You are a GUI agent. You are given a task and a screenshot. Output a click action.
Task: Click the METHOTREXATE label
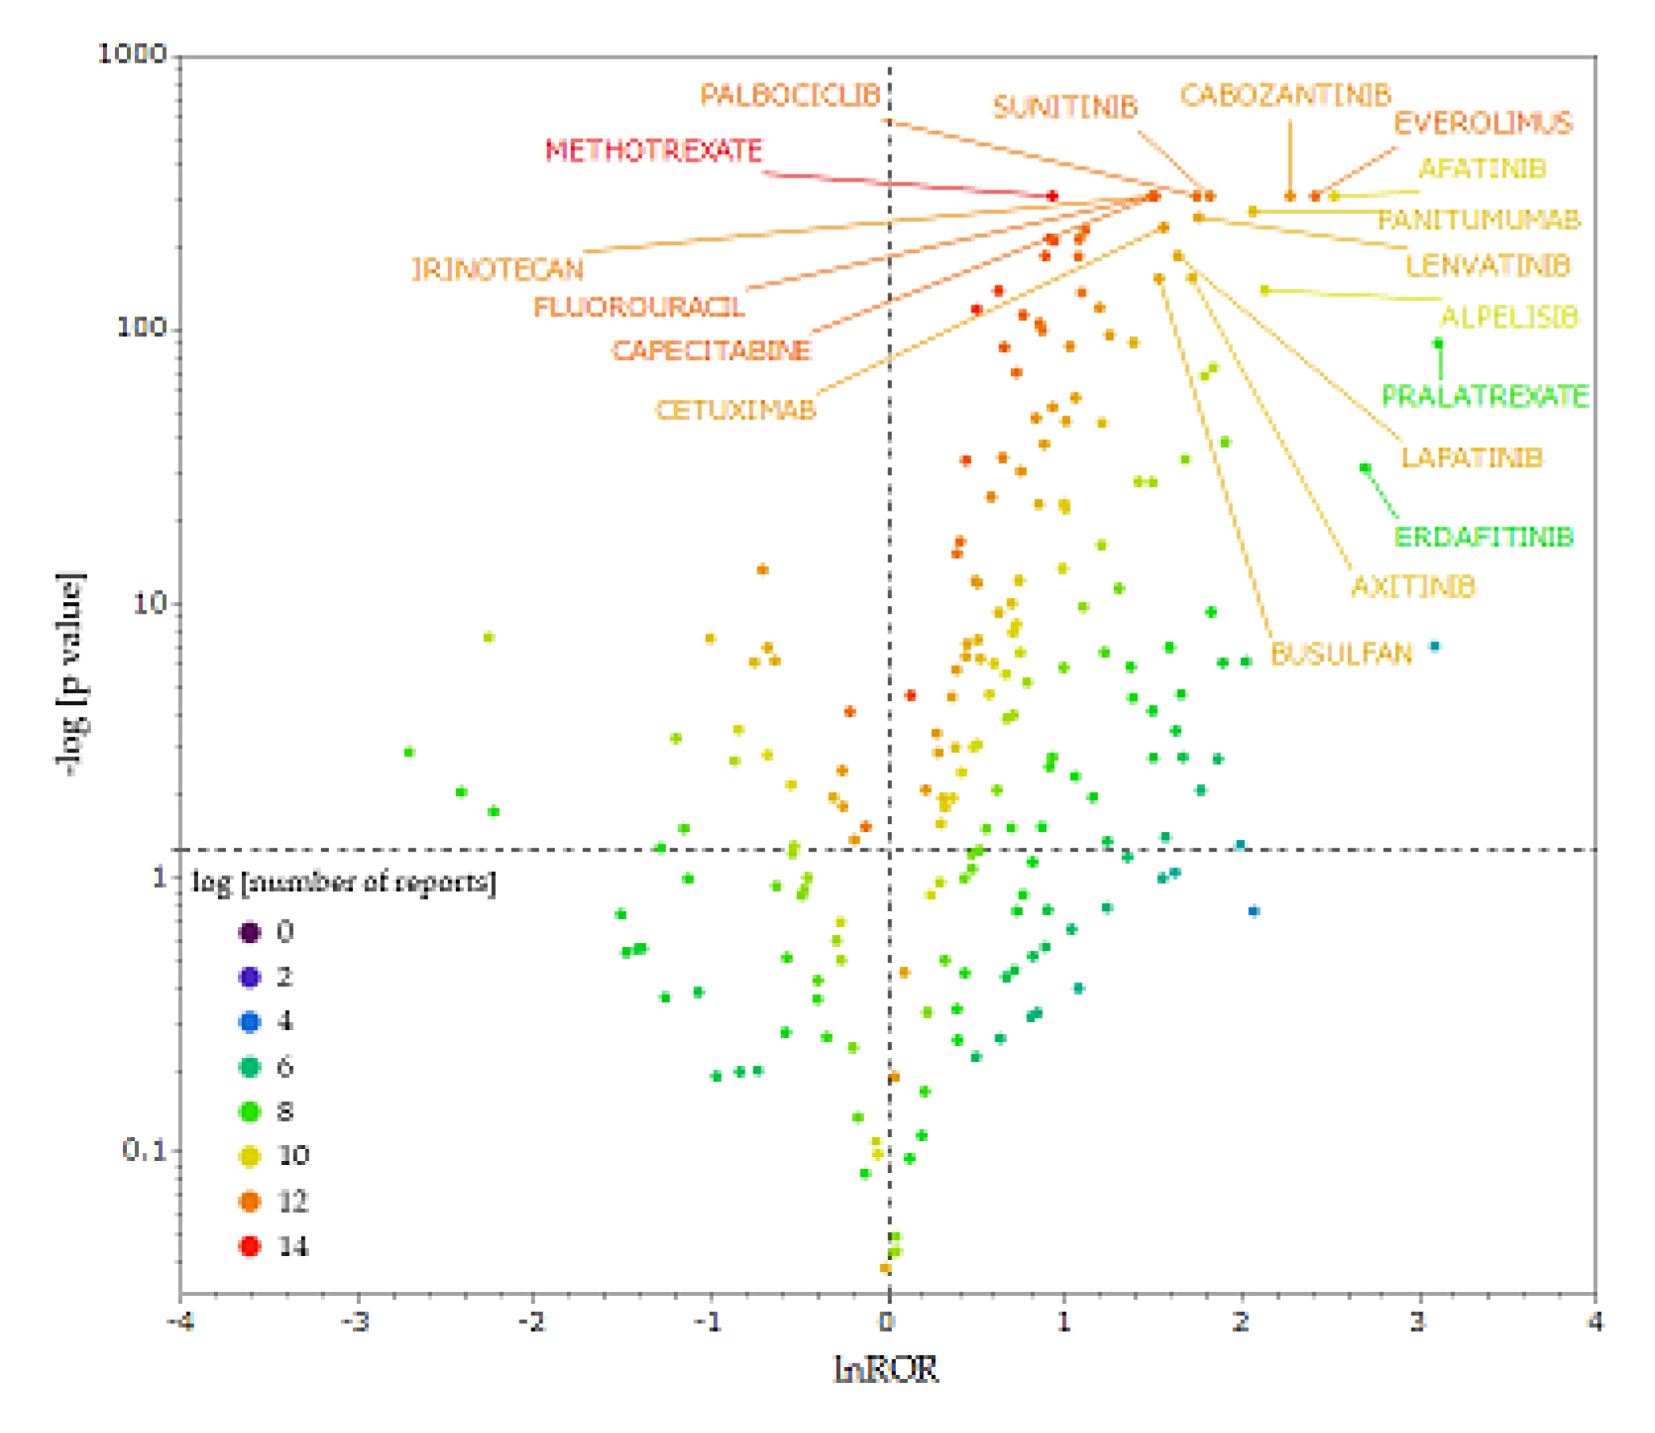point(653,151)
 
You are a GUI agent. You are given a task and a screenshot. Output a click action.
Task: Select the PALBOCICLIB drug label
point(790,95)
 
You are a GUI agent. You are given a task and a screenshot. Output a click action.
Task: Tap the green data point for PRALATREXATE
point(1439,344)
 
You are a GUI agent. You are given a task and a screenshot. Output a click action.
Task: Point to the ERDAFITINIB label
point(1483,537)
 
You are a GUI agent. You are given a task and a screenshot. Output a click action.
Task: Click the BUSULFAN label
point(1341,654)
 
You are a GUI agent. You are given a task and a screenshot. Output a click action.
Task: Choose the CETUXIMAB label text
point(736,410)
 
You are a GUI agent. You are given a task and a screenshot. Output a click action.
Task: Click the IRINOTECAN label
point(497,270)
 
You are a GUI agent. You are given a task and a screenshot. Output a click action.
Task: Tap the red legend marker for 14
point(250,1246)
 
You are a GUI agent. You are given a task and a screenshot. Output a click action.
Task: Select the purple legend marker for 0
point(250,933)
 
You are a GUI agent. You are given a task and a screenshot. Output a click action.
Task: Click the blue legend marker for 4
point(250,1022)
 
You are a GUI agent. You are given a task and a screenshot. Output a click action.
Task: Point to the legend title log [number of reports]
point(344,882)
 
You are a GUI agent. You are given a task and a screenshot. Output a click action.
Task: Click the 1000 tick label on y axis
point(132,55)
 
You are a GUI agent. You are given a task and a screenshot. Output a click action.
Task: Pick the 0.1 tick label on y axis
point(144,1150)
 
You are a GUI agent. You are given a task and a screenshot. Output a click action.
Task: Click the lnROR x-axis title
point(886,1370)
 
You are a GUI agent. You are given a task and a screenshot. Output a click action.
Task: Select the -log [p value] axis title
point(71,673)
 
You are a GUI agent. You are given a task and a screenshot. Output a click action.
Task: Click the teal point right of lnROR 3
point(1435,646)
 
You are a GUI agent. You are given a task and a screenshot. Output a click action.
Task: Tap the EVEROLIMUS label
point(1483,123)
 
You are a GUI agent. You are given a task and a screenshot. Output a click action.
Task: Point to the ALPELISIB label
point(1508,318)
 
